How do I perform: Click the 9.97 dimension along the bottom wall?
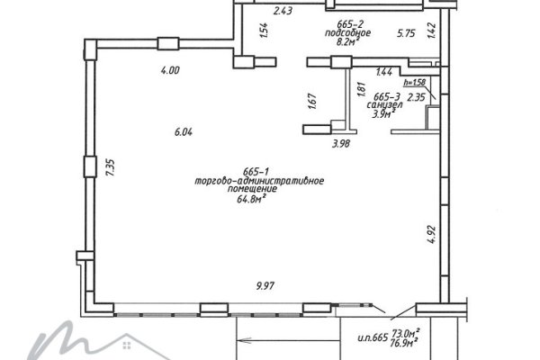click(265, 286)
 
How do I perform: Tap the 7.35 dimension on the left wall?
click(110, 167)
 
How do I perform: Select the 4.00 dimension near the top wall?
click(170, 70)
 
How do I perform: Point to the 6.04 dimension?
click(184, 132)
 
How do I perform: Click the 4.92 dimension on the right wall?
click(431, 235)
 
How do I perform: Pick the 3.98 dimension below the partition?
click(341, 144)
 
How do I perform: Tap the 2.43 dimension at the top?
click(283, 11)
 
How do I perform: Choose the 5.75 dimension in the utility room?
click(406, 33)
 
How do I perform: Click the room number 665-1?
click(256, 171)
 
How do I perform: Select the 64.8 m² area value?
click(251, 198)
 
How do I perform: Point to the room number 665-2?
click(350, 24)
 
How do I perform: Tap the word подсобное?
click(347, 33)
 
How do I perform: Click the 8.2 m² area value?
click(348, 41)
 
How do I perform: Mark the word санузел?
click(384, 105)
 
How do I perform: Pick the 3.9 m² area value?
click(383, 113)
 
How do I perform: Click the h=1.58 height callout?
click(415, 82)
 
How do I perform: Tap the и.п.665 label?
click(373, 337)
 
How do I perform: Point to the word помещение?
click(252, 189)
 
